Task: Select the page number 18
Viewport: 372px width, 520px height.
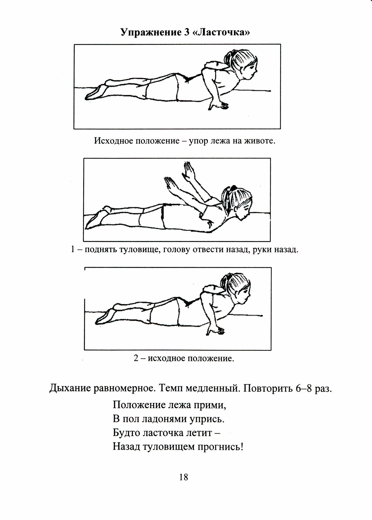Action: point(184,477)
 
